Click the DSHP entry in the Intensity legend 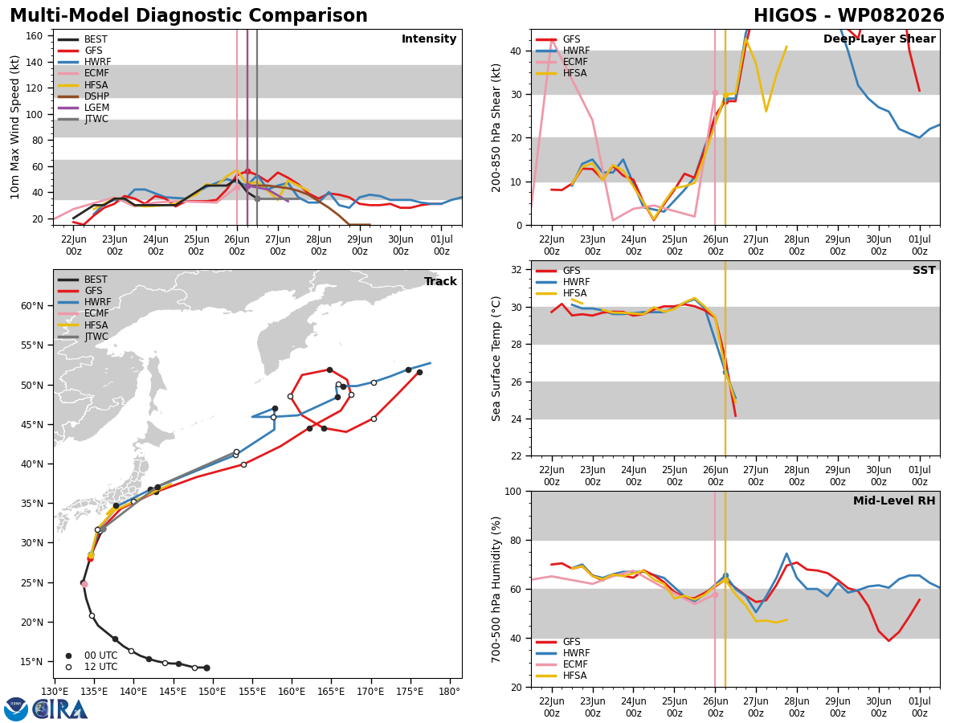(x=83, y=96)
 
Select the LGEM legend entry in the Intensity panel (x=83, y=108)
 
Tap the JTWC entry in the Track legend (x=83, y=337)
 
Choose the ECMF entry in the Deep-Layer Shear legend (x=562, y=62)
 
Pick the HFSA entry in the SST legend (x=562, y=293)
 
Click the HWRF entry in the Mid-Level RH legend (x=563, y=653)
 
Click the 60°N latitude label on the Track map (x=32, y=306)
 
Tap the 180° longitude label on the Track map (x=449, y=692)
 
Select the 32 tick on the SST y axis (x=516, y=270)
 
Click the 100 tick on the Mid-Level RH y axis (x=513, y=491)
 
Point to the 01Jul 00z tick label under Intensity (x=441, y=245)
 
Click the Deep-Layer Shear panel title (x=879, y=39)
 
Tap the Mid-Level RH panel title (x=894, y=500)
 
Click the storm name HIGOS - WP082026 (x=849, y=15)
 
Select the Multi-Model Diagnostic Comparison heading (x=189, y=16)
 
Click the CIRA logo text (x=59, y=709)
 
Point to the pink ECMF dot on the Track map (x=85, y=584)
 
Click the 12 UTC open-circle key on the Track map (x=92, y=667)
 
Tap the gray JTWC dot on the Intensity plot (x=257, y=199)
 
